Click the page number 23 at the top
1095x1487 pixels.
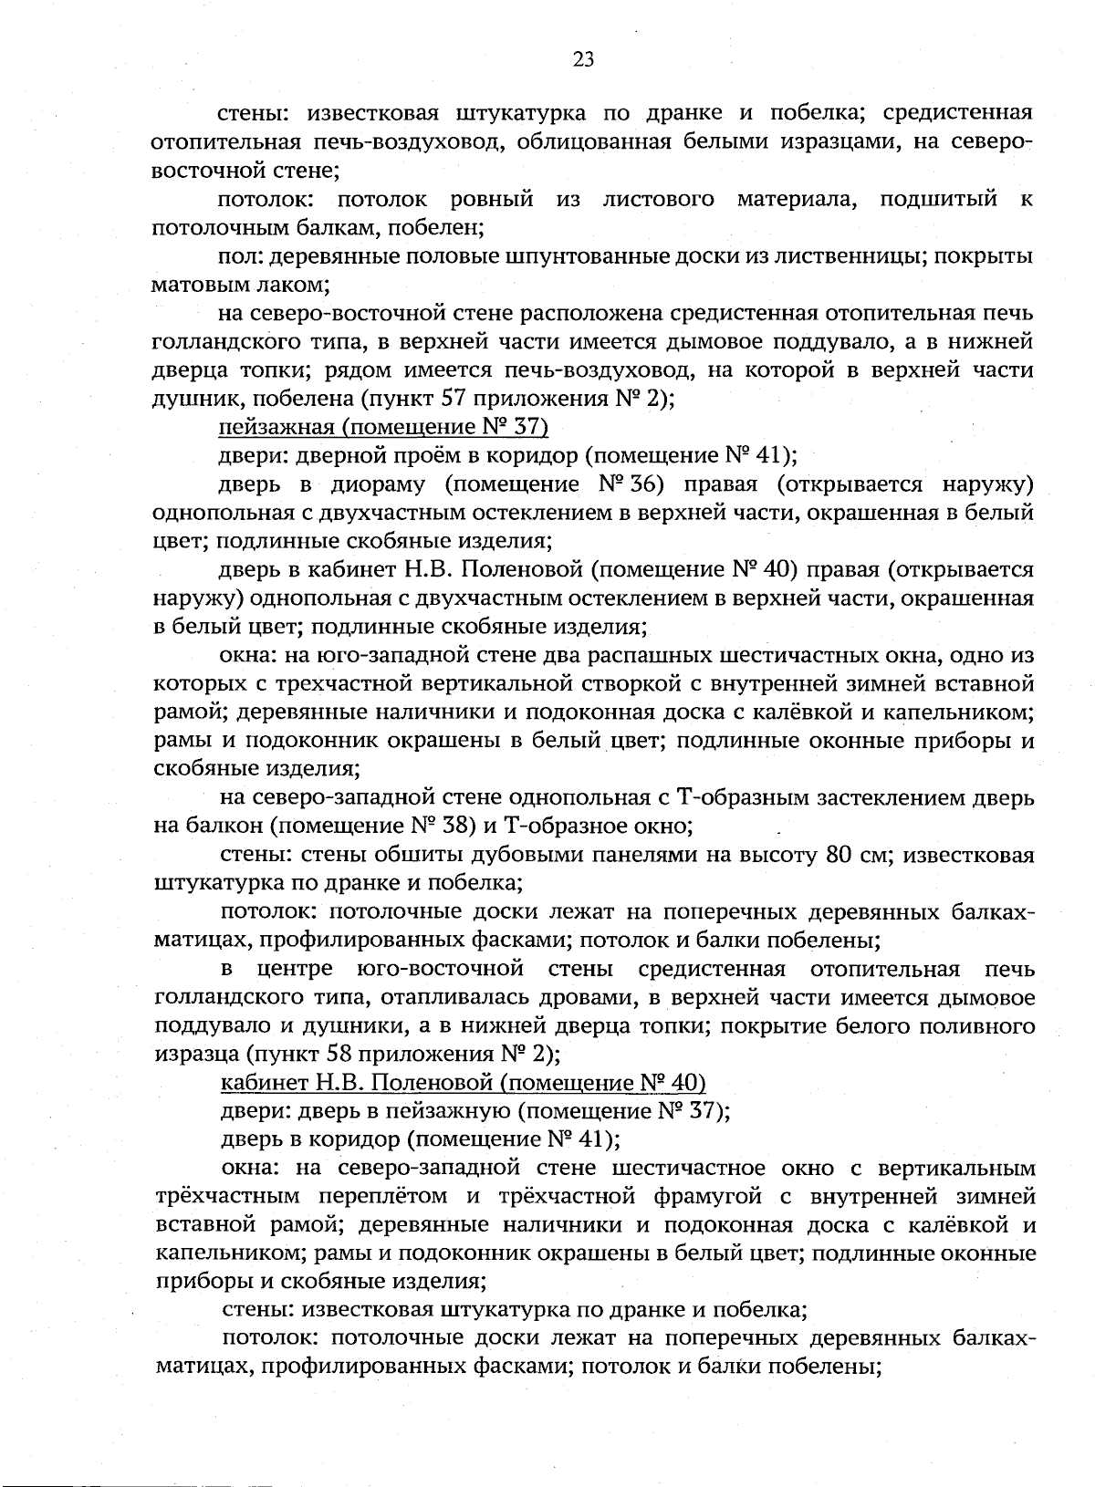(x=583, y=59)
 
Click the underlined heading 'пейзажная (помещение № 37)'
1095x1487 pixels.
(x=383, y=427)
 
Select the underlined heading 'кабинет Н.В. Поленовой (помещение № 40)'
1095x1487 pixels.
(x=464, y=1083)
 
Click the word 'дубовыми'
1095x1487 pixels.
(x=495, y=856)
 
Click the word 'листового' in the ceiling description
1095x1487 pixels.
(x=658, y=199)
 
